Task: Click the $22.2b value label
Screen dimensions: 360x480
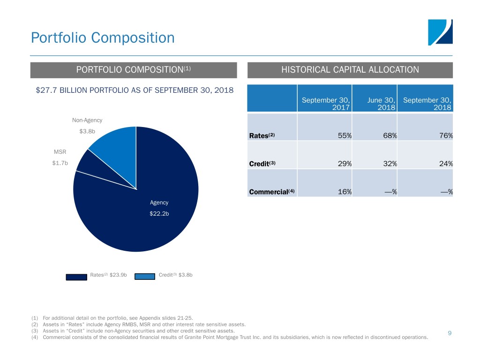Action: click(x=159, y=214)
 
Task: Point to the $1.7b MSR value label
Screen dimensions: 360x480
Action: click(x=60, y=163)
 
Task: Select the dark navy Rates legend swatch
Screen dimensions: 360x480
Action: click(x=76, y=277)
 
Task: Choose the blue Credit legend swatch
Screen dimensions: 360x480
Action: click(x=145, y=277)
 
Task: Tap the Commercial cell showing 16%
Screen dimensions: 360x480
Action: click(x=345, y=192)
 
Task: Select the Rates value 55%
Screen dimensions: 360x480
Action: click(x=345, y=136)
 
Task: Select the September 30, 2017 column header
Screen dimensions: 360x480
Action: click(x=326, y=104)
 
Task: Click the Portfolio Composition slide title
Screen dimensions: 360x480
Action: click(x=103, y=37)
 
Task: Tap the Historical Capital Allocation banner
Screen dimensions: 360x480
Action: click(x=350, y=70)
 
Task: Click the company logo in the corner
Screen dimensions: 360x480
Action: click(x=440, y=32)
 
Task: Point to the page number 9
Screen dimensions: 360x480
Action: click(x=450, y=333)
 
